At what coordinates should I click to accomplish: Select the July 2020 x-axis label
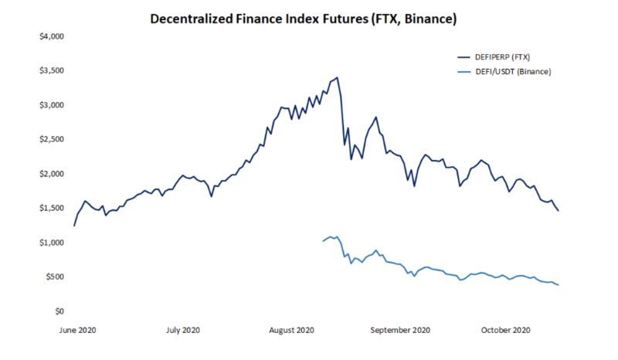click(x=183, y=330)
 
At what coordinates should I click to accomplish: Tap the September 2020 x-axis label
click(x=400, y=330)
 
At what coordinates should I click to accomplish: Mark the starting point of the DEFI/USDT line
click(x=322, y=242)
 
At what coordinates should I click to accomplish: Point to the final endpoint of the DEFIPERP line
click(x=559, y=210)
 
